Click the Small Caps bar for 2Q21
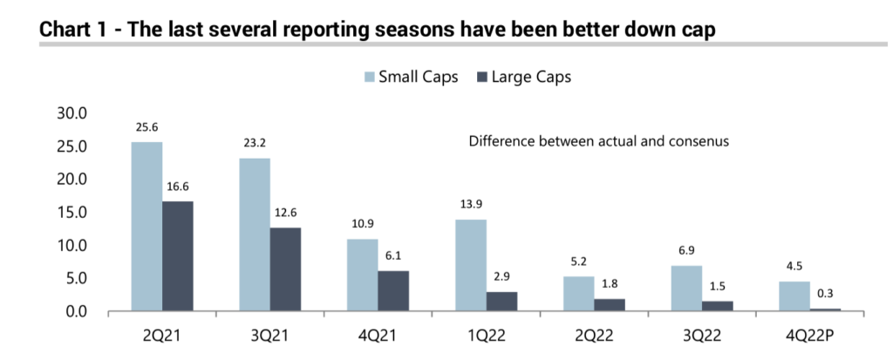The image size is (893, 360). click(147, 227)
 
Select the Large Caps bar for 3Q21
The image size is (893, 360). click(285, 269)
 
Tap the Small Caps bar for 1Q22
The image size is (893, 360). click(471, 265)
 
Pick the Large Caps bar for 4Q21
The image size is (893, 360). click(393, 291)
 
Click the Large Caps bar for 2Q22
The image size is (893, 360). click(610, 305)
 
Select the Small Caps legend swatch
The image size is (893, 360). click(368, 78)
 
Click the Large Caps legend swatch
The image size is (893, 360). click(481, 78)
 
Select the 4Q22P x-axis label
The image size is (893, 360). click(810, 335)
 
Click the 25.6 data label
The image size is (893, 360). click(147, 128)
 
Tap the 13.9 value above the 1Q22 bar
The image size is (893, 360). click(471, 206)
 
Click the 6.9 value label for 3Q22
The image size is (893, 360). click(687, 252)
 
